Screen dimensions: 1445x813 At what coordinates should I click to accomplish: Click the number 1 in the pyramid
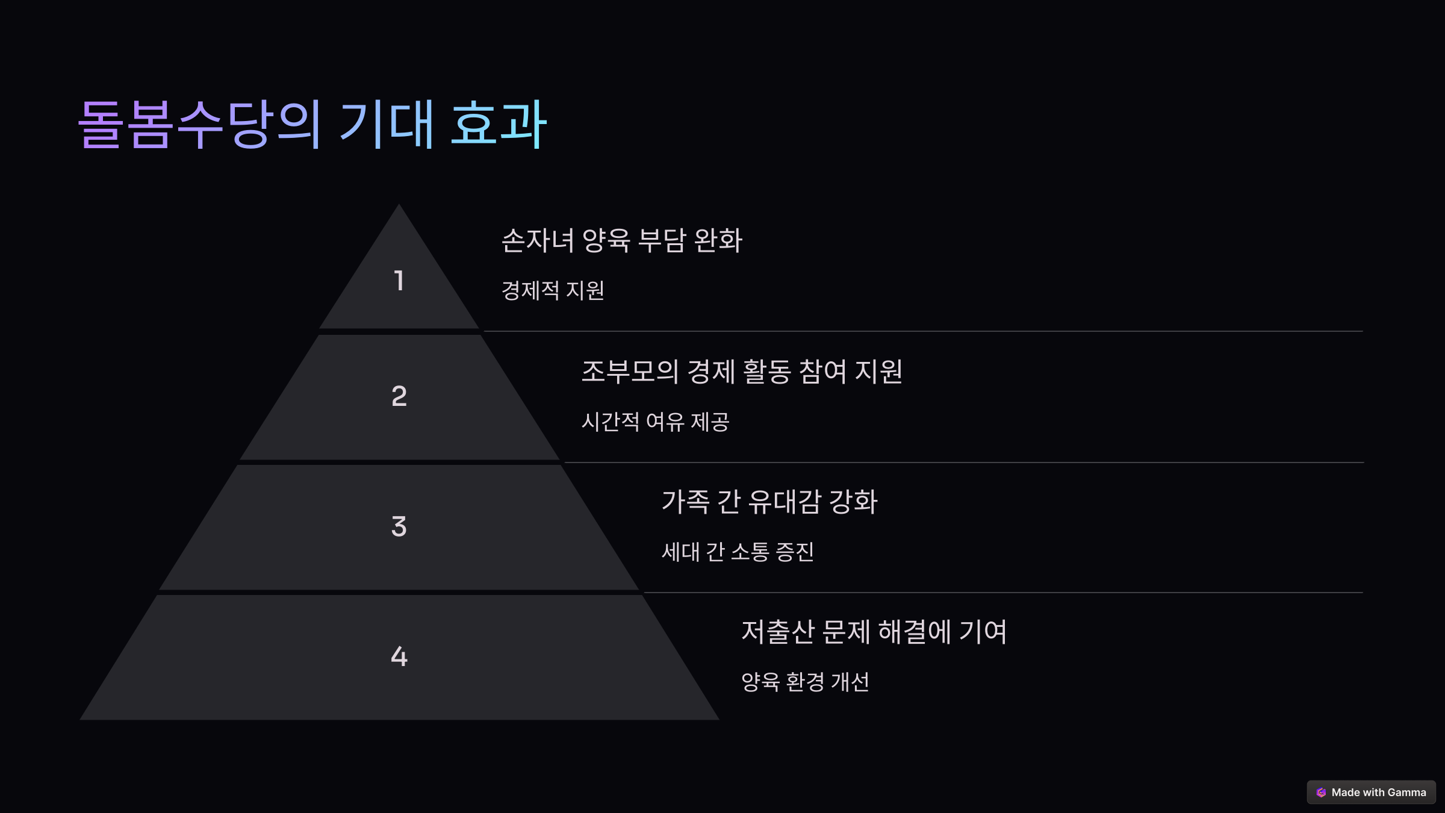tap(399, 281)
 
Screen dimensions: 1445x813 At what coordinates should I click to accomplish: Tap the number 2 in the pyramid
tap(399, 396)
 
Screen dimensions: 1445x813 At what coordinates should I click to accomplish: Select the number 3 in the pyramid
tap(399, 526)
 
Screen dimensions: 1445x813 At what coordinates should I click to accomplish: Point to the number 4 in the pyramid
tap(399, 656)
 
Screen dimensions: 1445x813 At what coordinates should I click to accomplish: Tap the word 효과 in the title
tap(499, 124)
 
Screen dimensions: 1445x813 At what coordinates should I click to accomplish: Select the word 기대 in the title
tap(387, 124)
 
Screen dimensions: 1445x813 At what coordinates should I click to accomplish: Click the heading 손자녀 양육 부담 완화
tap(621, 240)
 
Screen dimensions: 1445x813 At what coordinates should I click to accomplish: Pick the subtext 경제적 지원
tap(553, 291)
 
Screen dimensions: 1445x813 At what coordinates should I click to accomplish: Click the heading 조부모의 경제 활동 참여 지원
tap(741, 372)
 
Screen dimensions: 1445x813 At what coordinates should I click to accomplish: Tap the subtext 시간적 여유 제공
tap(655, 422)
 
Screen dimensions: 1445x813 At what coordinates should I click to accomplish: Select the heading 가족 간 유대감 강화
tap(769, 502)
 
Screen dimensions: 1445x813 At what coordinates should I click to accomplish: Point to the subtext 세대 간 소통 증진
tap(738, 552)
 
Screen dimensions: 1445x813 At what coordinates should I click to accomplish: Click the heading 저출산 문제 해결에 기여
tap(874, 632)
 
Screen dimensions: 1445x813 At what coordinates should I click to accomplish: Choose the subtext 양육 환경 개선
tap(805, 682)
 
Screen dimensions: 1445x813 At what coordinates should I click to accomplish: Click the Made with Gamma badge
tap(1371, 793)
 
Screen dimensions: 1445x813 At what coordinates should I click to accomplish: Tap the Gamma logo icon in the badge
tap(1321, 793)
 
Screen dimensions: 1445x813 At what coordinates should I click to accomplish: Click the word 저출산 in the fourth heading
tap(777, 632)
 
